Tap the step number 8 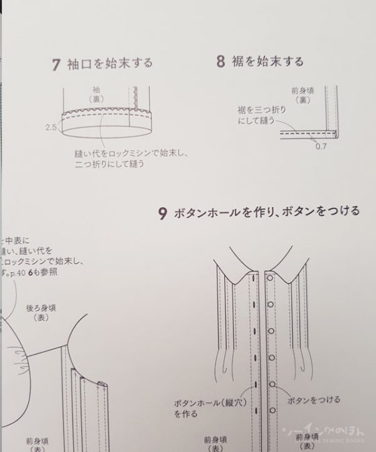click(x=220, y=62)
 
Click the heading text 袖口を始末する click(x=110, y=64)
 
